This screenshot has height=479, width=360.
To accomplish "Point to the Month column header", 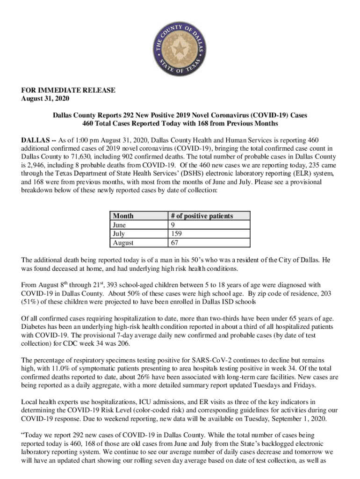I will [x=123, y=216].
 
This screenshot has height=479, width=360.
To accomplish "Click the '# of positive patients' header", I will [x=202, y=216].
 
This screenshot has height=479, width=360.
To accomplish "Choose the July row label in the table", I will [x=119, y=233].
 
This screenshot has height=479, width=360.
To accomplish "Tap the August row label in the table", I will [x=123, y=242].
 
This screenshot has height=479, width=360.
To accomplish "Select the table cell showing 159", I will [x=177, y=233].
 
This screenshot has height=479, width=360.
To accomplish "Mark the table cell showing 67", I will [x=175, y=242].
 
